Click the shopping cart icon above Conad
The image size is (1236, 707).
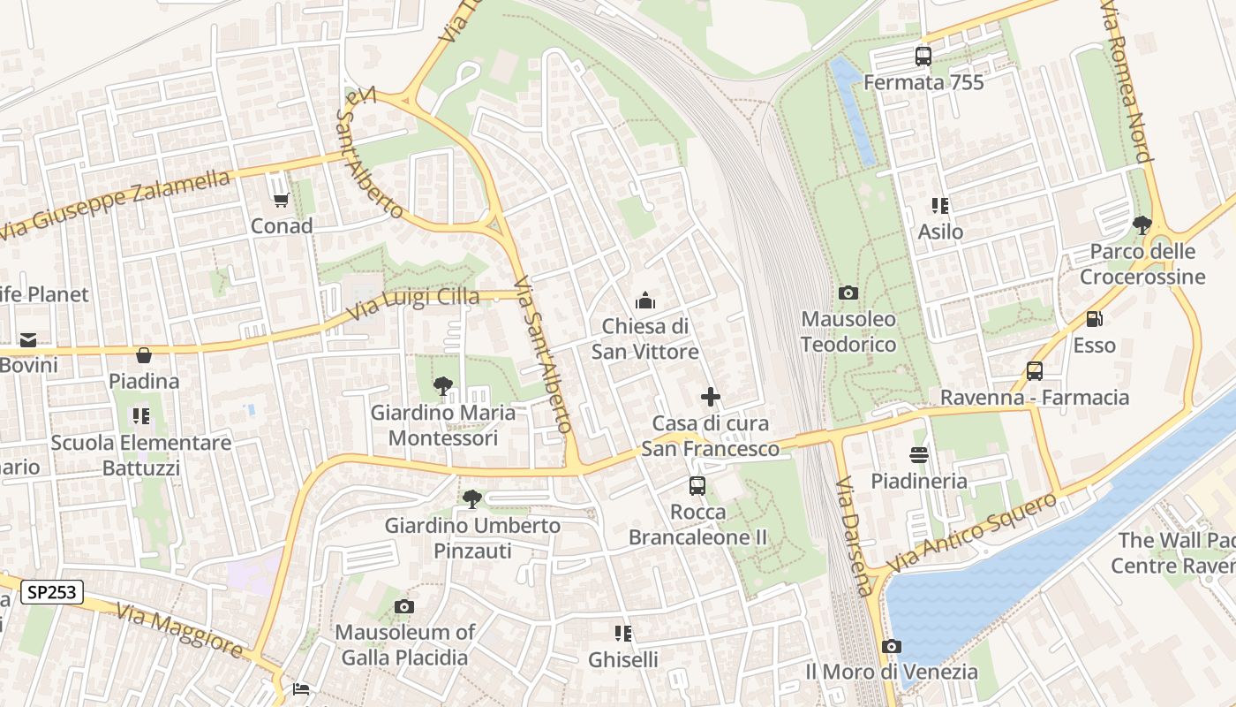coord(282,201)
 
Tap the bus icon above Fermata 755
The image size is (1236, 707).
coord(923,57)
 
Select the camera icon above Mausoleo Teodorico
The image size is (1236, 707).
coord(848,293)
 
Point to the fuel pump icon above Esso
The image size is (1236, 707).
coord(1095,320)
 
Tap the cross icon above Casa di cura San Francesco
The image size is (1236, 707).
coord(710,398)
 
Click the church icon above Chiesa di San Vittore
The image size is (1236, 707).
coord(645,301)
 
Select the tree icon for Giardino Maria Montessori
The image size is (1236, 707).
coord(442,386)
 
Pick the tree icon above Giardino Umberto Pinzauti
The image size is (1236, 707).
coord(472,499)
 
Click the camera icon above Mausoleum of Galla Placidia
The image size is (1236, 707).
coord(404,606)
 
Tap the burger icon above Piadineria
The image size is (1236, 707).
coord(919,455)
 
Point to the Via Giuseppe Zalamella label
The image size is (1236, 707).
coord(115,204)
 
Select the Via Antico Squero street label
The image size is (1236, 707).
coord(971,532)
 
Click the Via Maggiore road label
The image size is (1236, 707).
coord(179,631)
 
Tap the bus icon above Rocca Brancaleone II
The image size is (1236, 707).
coord(697,485)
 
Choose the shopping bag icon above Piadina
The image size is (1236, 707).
coord(144,355)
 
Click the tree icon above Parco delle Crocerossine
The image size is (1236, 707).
coord(1142,225)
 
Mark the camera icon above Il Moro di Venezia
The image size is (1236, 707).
coord(892,646)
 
